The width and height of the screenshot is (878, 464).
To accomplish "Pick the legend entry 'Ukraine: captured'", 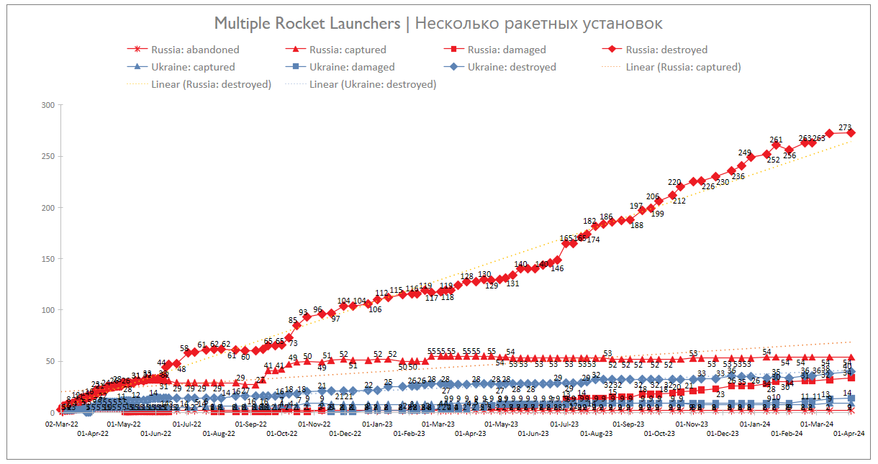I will pos(193,67).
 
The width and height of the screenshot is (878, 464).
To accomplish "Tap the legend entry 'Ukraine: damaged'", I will pos(352,67).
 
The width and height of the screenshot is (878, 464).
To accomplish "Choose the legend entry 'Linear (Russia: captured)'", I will pos(683,67).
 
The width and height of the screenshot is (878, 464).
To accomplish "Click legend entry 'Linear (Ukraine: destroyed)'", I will pos(373,84).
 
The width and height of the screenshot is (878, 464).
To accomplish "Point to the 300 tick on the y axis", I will pos(48,105).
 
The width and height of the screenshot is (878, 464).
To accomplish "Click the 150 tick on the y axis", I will pos(48,259).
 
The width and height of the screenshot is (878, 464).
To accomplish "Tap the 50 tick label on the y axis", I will pos(50,361).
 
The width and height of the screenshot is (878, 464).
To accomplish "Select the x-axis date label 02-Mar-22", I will pos(61,424).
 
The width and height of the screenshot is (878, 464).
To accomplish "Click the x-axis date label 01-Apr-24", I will pos(848,433).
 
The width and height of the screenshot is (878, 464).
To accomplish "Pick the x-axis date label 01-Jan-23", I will pos(377,424).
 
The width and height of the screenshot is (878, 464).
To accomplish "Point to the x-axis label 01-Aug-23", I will pos(597,433).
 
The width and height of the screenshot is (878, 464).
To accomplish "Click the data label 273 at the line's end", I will pos(846,127).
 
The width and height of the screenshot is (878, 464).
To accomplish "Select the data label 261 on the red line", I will pos(776,140).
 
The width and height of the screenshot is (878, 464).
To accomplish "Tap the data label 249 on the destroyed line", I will pos(745,153).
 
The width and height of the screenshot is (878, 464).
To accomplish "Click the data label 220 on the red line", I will pos(674,182).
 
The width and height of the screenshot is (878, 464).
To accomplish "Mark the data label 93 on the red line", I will pos(303,312).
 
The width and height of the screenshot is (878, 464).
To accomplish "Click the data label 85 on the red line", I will pos(293,320).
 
